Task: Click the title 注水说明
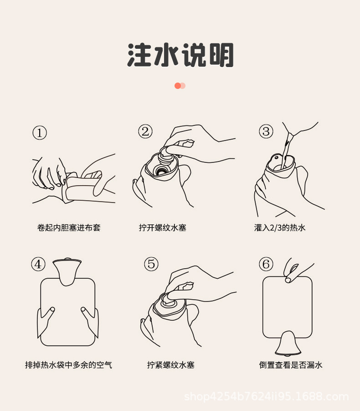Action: [x=180, y=56]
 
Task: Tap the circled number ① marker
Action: [x=40, y=133]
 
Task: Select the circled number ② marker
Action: [x=145, y=131]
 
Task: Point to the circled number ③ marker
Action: [x=266, y=131]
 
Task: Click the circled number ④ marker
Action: [x=38, y=264]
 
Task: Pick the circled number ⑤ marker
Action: [x=151, y=264]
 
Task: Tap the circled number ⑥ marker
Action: [x=266, y=264]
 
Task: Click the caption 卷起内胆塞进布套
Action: [x=69, y=227]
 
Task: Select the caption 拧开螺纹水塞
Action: [x=163, y=227]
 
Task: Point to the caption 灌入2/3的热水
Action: [x=280, y=227]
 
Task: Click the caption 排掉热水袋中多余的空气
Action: [x=68, y=364]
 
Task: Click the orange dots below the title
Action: [x=180, y=86]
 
